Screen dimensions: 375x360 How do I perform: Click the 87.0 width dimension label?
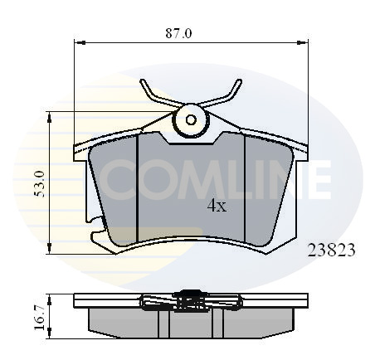(178, 33)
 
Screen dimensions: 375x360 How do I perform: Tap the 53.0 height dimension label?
(39, 184)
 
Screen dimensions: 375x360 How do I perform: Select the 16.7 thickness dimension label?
(39, 318)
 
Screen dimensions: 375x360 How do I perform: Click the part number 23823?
(331, 251)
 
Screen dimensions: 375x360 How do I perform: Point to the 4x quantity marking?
(217, 206)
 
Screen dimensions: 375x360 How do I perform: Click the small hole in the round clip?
(191, 120)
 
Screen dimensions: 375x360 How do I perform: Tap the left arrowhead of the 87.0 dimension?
(80, 42)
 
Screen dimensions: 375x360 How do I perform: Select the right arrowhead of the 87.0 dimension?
(302, 42)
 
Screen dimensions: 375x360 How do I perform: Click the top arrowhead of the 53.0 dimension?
(49, 118)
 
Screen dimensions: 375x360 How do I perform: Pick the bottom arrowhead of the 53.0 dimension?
(49, 248)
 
